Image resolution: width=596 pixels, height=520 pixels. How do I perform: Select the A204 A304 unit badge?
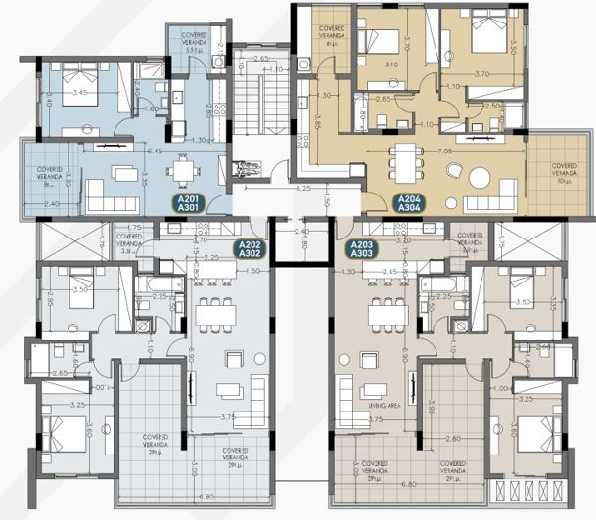[409, 203]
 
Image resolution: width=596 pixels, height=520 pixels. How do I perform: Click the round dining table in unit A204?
[481, 178]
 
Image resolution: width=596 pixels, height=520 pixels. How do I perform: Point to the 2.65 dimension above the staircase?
[260, 60]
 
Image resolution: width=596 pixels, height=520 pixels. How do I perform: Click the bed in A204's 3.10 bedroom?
[376, 39]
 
